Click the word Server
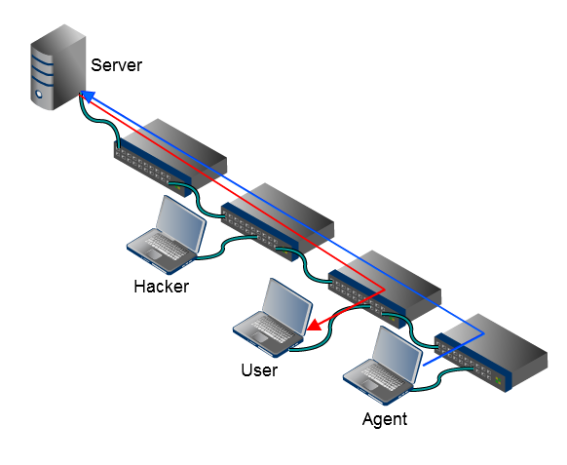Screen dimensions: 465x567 point(116,65)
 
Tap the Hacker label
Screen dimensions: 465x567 point(161,286)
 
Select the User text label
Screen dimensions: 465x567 point(259,369)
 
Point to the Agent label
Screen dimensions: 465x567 point(384,419)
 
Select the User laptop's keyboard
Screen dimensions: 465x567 point(266,331)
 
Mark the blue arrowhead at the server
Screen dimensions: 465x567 point(86,96)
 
